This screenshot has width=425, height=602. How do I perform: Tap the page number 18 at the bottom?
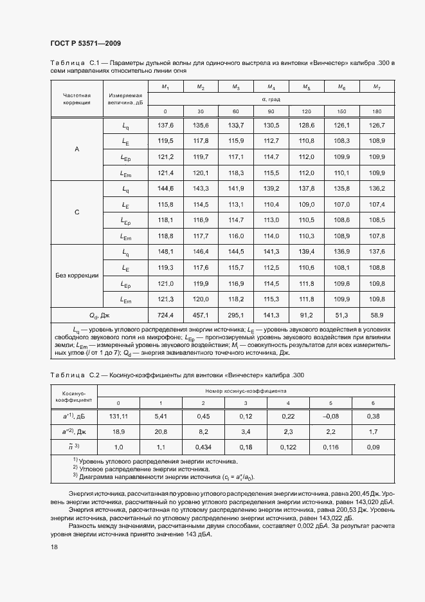pos(53,547)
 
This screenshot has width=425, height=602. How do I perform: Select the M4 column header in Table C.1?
pos(271,87)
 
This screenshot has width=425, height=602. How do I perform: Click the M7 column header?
pos(377,87)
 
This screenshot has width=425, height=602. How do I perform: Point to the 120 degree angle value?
pos(307,111)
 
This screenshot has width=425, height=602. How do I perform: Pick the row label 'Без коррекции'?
pos(77,275)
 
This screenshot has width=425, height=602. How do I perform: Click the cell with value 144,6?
pos(166,188)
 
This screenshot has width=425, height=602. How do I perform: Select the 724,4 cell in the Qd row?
pos(166,315)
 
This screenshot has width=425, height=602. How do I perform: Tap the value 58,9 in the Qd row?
pos(377,315)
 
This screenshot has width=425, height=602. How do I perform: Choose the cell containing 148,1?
pos(166,251)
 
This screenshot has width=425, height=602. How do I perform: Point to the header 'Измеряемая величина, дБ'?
pos(125,99)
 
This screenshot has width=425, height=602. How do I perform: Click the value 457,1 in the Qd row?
pos(201,315)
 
